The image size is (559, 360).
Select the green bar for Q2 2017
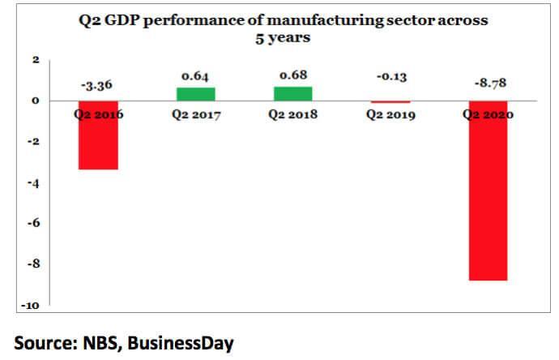(x=195, y=94)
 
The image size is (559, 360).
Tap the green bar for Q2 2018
(x=292, y=93)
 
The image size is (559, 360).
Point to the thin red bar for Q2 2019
(x=390, y=102)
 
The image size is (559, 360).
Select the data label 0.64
(x=195, y=75)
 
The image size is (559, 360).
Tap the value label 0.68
(x=292, y=75)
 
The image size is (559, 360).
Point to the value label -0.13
(x=390, y=77)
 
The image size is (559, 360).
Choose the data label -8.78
(x=488, y=83)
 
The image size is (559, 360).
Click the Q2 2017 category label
(x=195, y=115)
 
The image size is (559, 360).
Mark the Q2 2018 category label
(x=292, y=115)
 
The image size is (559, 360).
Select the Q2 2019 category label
(x=390, y=115)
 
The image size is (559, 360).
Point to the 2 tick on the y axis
(x=36, y=60)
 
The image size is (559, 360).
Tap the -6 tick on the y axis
(x=34, y=224)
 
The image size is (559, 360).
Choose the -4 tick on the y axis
(x=34, y=183)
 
